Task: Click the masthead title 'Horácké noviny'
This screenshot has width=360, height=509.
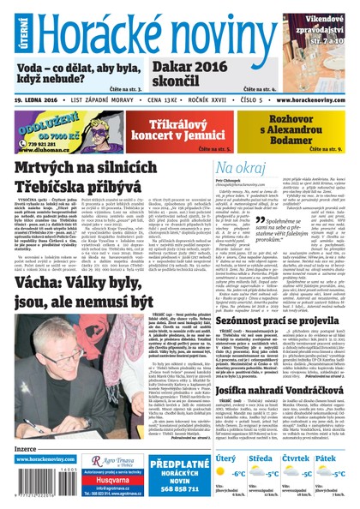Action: click(159, 32)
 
